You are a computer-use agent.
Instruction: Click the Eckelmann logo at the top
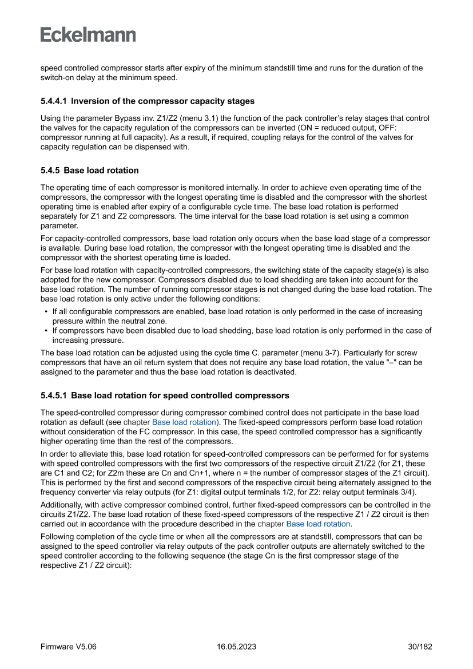coord(88,34)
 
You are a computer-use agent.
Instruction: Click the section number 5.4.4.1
coord(53,101)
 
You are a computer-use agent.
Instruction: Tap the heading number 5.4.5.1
coord(53,395)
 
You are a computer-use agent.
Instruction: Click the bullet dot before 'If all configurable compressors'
coord(45,312)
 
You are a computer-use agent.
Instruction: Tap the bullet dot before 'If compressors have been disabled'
coord(45,331)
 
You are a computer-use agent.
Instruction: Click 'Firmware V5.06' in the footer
coord(69,647)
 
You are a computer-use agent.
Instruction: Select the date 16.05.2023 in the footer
coord(236,647)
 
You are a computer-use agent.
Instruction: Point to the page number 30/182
coord(420,647)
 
